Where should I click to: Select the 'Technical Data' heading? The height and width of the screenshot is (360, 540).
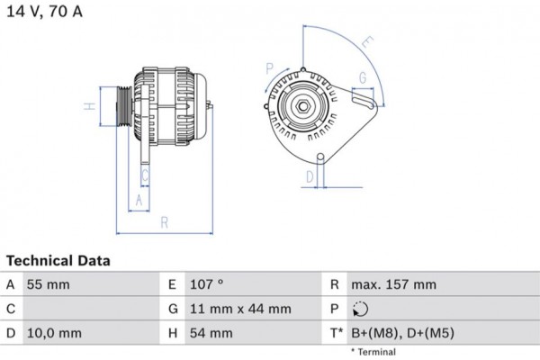[58, 261]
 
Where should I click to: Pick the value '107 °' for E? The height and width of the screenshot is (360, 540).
[207, 284]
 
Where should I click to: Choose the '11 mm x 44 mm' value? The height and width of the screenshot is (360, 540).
[240, 309]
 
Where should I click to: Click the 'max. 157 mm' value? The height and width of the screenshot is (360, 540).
[393, 284]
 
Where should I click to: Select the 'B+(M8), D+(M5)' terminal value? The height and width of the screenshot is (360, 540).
[402, 333]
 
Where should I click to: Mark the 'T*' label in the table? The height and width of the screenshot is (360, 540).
[335, 333]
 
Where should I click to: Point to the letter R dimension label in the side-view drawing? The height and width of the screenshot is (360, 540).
[164, 221]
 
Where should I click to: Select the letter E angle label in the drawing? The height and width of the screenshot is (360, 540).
[366, 41]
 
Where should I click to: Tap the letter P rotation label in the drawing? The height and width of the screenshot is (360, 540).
[268, 67]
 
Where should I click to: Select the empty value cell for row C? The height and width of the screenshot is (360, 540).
[90, 309]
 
